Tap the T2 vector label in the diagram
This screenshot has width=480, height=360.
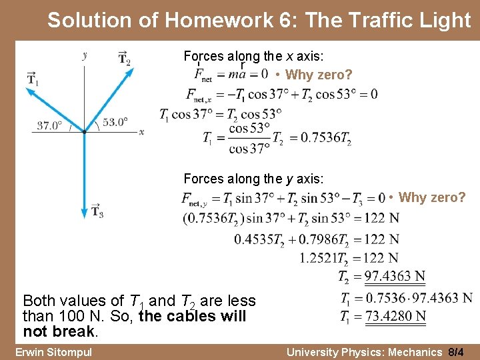pyautogui.click(x=124, y=58)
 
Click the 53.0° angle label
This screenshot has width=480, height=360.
pyautogui.click(x=114, y=122)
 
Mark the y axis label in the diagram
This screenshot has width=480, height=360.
pyautogui.click(x=85, y=56)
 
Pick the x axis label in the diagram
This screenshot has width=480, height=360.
pyautogui.click(x=141, y=132)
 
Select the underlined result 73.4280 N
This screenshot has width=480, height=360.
pyautogui.click(x=395, y=316)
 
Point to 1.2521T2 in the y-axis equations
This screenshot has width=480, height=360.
pyautogui.click(x=324, y=258)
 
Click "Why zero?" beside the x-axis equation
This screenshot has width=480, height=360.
pyautogui.click(x=319, y=75)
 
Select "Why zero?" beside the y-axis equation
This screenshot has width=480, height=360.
pyautogui.click(x=431, y=197)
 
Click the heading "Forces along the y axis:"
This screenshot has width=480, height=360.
pyautogui.click(x=253, y=179)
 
